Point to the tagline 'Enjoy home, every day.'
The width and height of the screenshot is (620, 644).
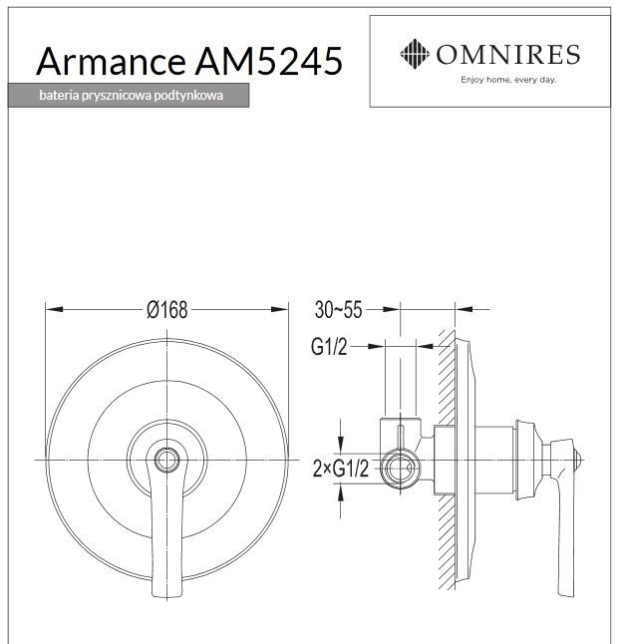(505, 78)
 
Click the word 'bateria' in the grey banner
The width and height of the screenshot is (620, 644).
(59, 97)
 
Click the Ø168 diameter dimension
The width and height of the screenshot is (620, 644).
(166, 310)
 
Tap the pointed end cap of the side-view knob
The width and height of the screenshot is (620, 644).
(585, 461)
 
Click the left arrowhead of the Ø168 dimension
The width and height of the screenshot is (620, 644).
(50, 310)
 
